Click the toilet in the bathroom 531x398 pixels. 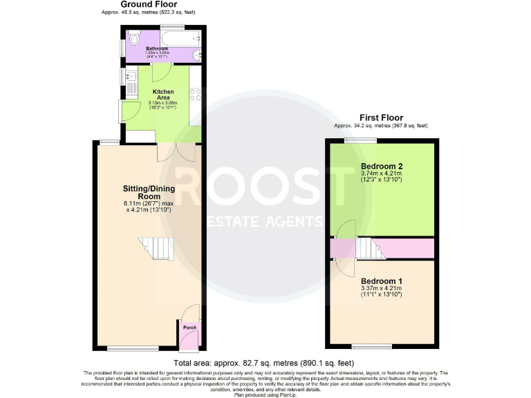(x=133, y=39)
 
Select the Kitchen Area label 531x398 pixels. (x=163, y=95)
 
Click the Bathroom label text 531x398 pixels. (x=157, y=48)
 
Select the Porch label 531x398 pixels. (x=189, y=328)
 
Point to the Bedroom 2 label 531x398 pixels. (x=382, y=166)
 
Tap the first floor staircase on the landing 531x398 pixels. (x=371, y=248)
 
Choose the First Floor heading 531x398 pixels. (x=381, y=117)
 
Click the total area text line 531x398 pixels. (x=265, y=363)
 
